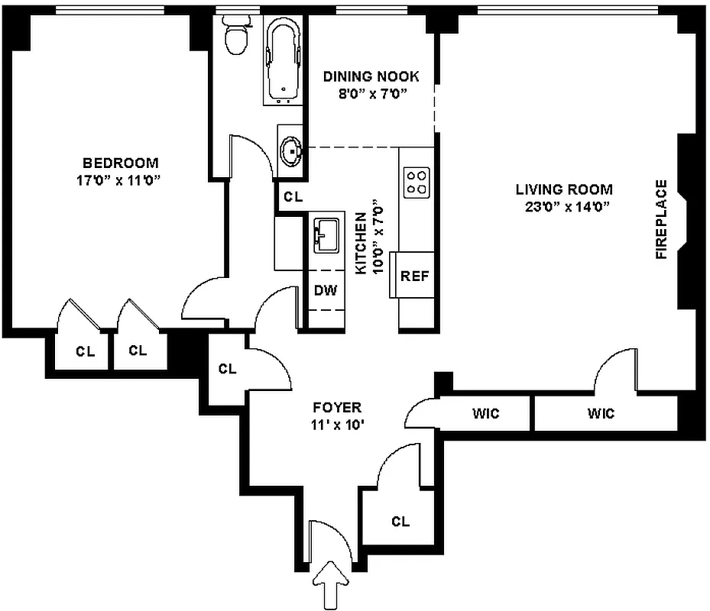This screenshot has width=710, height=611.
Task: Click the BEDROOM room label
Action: click(121, 163)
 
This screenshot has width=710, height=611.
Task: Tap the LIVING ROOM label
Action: click(563, 189)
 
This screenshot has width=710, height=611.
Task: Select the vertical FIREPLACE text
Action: click(662, 219)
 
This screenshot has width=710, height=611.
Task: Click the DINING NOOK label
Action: click(371, 76)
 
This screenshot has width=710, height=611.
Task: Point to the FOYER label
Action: click(336, 408)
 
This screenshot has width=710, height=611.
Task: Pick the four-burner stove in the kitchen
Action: click(417, 183)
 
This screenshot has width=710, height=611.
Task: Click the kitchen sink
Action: click(326, 234)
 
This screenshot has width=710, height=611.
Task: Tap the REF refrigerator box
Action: click(414, 276)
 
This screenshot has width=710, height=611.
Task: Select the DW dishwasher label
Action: click(325, 291)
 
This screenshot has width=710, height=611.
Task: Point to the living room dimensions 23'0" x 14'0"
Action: click(563, 206)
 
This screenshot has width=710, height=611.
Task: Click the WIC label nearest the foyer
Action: click(485, 414)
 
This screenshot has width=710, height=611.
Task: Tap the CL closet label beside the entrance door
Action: click(400, 522)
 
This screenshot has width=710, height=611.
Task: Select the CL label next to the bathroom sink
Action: click(293, 197)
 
